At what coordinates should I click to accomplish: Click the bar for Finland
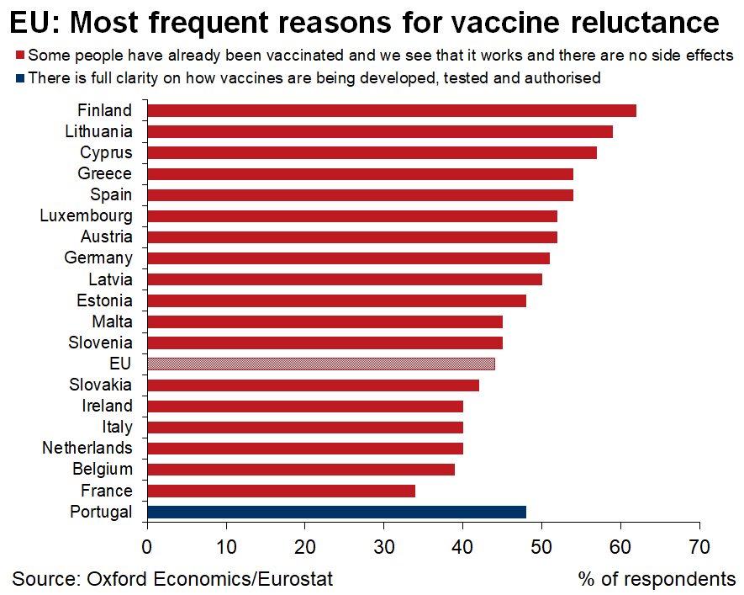pyautogui.click(x=391, y=110)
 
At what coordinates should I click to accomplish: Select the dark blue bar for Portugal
pyautogui.click(x=336, y=512)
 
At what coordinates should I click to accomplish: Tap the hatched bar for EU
pyautogui.click(x=320, y=364)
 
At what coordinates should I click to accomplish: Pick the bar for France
pyautogui.click(x=281, y=491)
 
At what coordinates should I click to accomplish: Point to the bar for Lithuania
pyautogui.click(x=379, y=131)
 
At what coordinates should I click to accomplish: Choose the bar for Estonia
pyautogui.click(x=336, y=300)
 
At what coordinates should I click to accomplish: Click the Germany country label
pyautogui.click(x=98, y=258)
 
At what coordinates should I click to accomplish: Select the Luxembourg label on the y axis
pyautogui.click(x=86, y=216)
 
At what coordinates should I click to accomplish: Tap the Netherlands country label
pyautogui.click(x=87, y=448)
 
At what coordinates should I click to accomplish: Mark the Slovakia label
pyautogui.click(x=101, y=385)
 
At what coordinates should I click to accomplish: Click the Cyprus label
pyautogui.click(x=106, y=152)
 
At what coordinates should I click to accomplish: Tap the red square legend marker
pyautogui.click(x=19, y=56)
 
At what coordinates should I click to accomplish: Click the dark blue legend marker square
pyautogui.click(x=19, y=78)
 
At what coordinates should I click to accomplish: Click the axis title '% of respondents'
pyautogui.click(x=657, y=579)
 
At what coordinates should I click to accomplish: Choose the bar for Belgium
pyautogui.click(x=300, y=469)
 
